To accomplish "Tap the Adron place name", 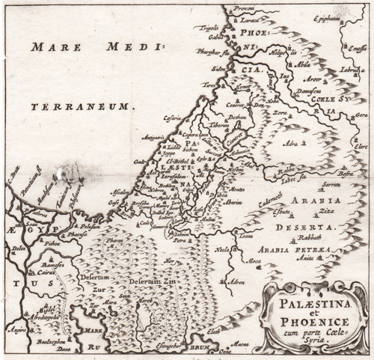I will tap(236, 282).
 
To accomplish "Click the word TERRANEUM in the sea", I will tap(82, 107).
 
